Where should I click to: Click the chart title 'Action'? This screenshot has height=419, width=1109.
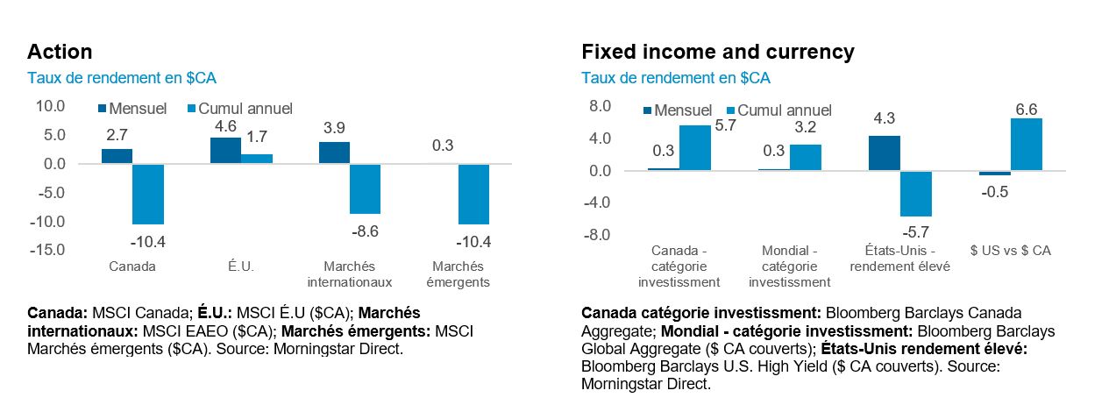click(x=60, y=52)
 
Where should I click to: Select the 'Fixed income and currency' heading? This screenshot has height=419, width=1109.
click(x=717, y=52)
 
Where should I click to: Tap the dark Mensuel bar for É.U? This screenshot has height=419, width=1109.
click(x=225, y=151)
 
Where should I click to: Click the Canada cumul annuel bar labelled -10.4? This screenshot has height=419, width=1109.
click(x=148, y=194)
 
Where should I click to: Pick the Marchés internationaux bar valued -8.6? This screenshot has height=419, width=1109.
click(x=365, y=188)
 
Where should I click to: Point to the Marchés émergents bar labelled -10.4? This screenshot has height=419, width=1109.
click(x=473, y=194)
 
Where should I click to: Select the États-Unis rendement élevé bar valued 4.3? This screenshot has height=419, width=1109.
click(x=884, y=153)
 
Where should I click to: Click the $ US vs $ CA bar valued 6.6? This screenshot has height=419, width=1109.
click(x=1027, y=145)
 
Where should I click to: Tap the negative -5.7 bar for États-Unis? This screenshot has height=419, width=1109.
click(x=915, y=193)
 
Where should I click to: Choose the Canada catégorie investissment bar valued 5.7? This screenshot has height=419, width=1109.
click(x=695, y=147)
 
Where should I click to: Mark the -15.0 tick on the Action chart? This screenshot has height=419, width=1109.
click(x=48, y=250)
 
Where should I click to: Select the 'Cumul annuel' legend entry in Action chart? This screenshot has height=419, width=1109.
click(x=245, y=109)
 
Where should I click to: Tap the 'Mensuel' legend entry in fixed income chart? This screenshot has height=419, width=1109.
click(x=682, y=110)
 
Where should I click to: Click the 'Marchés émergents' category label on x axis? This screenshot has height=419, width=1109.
click(x=459, y=274)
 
